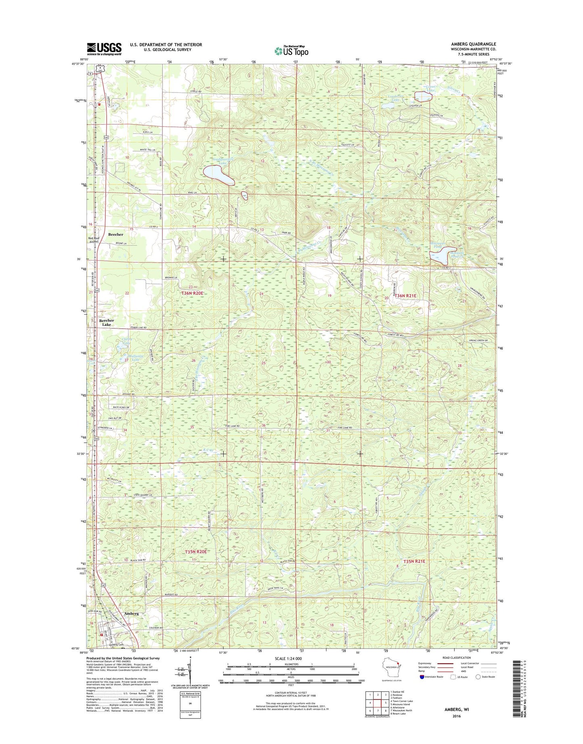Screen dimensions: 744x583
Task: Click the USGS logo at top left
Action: pyautogui.click(x=104, y=49)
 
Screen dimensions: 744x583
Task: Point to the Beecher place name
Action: pyautogui.click(x=116, y=234)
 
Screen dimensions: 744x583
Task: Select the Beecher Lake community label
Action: pyautogui.click(x=107, y=322)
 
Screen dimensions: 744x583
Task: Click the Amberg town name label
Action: pyautogui.click(x=132, y=614)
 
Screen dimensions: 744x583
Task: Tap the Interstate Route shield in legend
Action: pyautogui.click(x=422, y=688)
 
